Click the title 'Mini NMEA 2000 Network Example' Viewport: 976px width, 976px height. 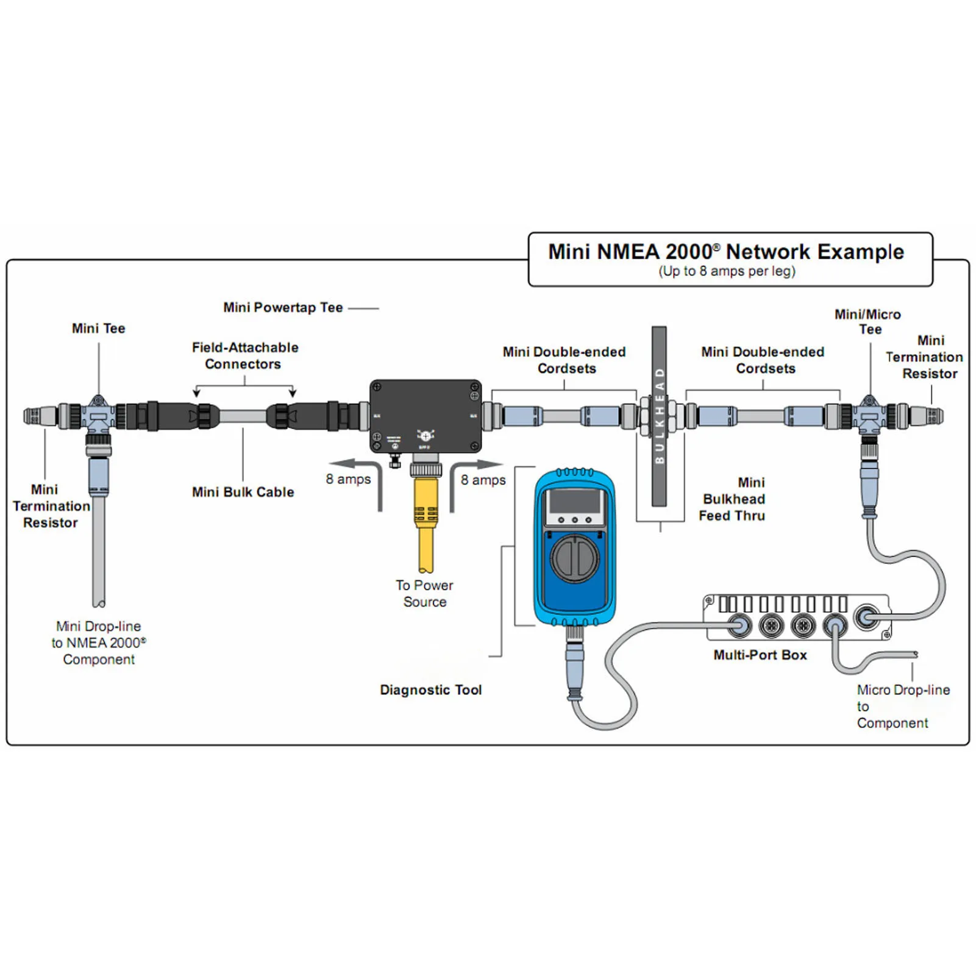coord(725,252)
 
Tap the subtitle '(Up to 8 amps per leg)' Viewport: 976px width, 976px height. coord(727,271)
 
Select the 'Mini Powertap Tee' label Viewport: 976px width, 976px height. coord(283,307)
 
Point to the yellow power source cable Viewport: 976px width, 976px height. coord(426,524)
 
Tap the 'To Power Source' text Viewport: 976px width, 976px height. coord(424,593)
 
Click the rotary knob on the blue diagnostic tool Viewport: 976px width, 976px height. coord(574,558)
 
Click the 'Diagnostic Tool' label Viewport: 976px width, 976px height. coord(430,689)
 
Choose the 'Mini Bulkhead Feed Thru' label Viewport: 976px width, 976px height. coord(732,499)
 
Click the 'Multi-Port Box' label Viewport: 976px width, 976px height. coord(760,655)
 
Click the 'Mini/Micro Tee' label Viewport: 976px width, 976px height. coord(867,321)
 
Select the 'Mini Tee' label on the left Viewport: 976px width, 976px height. coord(98,328)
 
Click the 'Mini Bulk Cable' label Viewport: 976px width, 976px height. coord(243,492)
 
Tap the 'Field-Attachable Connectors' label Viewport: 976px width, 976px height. coord(244,355)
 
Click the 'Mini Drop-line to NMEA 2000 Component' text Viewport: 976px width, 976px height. coord(99,643)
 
